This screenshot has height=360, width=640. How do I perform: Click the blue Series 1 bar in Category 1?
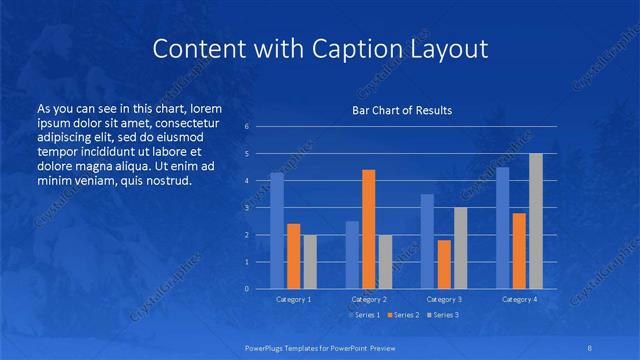[277, 231]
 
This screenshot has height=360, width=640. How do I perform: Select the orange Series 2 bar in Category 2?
[369, 229]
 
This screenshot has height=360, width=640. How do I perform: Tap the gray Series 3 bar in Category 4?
[536, 221]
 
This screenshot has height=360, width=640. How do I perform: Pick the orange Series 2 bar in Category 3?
[444, 264]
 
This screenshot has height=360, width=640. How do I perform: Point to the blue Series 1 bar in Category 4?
[503, 228]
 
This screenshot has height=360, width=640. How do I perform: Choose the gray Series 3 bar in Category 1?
[310, 262]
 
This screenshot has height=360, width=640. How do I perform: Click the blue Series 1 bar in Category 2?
[352, 255]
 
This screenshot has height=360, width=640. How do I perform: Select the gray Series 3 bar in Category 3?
[460, 248]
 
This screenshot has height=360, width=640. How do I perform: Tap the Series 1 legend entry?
[363, 315]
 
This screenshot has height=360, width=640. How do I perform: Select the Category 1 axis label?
[294, 299]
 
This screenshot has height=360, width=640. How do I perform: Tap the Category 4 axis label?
[519, 299]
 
